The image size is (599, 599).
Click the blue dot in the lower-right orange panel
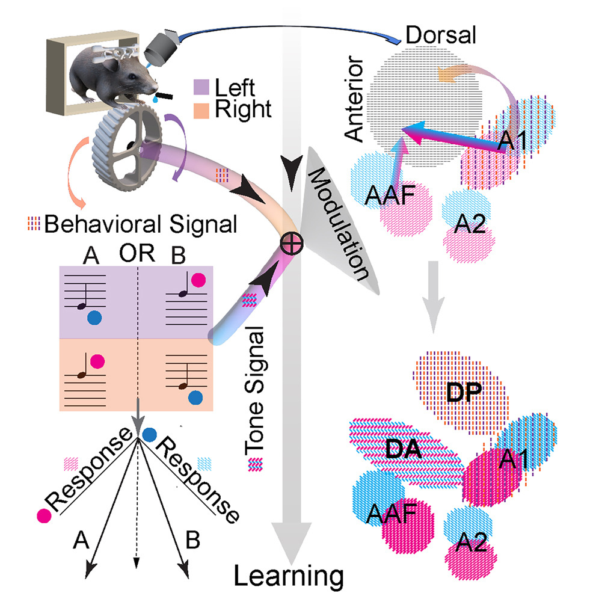pyautogui.click(x=194, y=398)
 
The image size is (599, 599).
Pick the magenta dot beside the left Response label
pyautogui.click(x=43, y=515)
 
